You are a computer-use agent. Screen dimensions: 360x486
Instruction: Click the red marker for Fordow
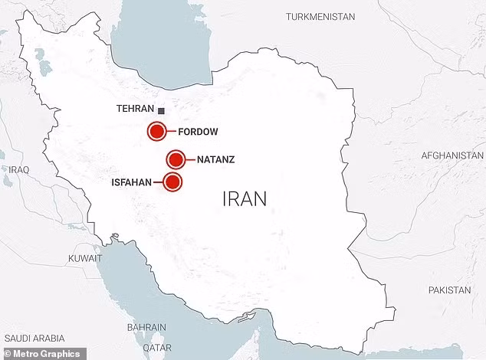tap(157, 132)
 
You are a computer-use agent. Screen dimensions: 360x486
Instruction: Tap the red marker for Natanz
tap(176, 160)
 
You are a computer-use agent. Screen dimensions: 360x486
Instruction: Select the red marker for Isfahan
tap(174, 182)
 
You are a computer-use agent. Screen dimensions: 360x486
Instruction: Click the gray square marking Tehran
tap(161, 110)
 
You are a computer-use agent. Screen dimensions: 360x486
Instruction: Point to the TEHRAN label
tap(135, 110)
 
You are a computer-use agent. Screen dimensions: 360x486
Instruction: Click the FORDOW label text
tap(198, 132)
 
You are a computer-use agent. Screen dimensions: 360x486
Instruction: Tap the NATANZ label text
tap(215, 160)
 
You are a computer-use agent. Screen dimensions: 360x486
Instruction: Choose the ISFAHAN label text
tap(132, 182)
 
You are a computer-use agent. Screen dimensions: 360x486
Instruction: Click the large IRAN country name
tap(245, 199)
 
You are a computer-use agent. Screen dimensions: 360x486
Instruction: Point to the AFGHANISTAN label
tap(452, 155)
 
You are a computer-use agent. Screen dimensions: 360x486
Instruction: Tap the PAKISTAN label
tap(450, 290)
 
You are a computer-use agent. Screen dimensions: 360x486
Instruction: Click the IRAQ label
tap(18, 169)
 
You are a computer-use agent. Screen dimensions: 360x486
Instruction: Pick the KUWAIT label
tap(84, 258)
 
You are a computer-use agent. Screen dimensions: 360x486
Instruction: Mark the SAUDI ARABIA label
tap(34, 338)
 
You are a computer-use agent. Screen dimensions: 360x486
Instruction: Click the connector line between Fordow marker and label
tap(172, 132)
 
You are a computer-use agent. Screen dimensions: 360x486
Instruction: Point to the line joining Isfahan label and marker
tap(158, 182)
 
